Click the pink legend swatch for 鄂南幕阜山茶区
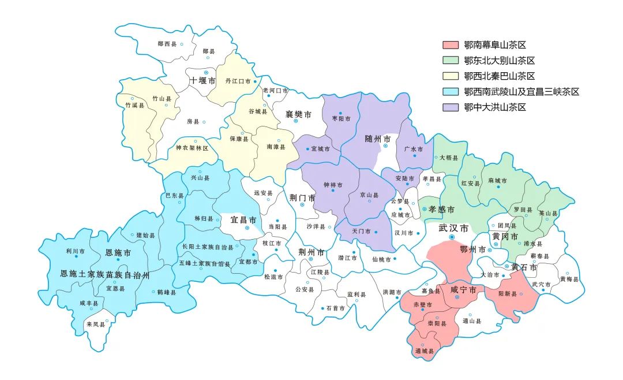[450, 44]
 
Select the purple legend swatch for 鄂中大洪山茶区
[450, 107]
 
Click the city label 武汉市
[453, 228]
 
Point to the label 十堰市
[202, 80]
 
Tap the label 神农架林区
[192, 148]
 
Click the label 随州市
[378, 139]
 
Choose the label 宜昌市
[243, 220]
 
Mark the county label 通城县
[424, 351]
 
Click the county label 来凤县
[96, 325]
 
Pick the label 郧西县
[167, 44]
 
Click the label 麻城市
[497, 181]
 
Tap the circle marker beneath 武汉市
[452, 237]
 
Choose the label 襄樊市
[298, 114]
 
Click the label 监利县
[356, 295]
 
